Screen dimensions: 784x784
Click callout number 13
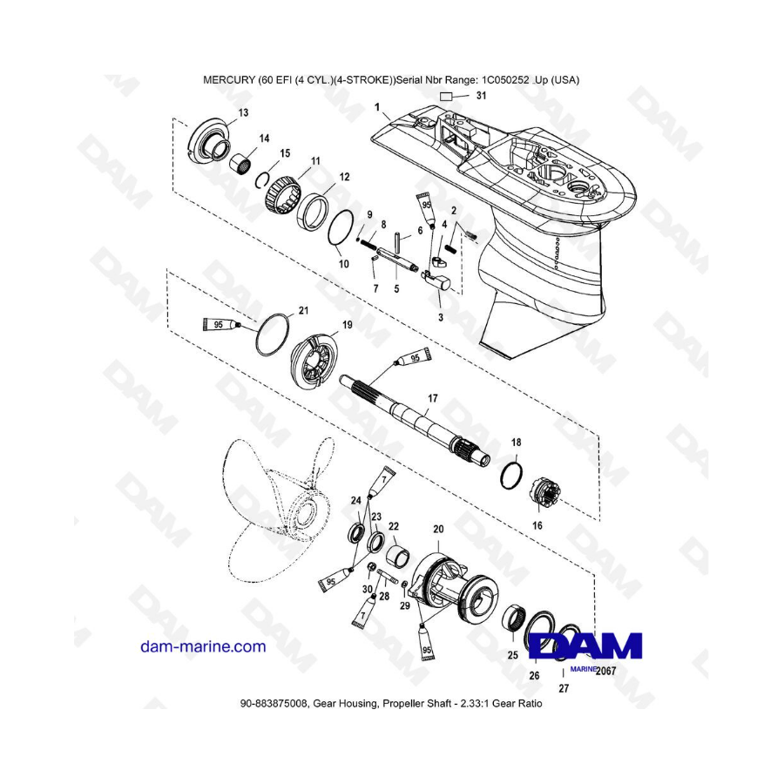(x=244, y=112)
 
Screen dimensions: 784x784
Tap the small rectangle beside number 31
(x=447, y=97)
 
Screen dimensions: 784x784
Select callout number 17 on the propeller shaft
(x=432, y=398)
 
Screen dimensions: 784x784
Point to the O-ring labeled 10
(x=341, y=228)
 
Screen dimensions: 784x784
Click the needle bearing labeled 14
(x=240, y=164)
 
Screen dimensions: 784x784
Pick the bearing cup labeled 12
(x=313, y=212)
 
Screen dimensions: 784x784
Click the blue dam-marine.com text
(x=203, y=646)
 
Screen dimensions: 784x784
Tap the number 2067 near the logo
(x=606, y=671)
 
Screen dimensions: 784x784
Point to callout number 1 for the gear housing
(x=377, y=107)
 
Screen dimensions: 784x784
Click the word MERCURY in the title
(x=229, y=80)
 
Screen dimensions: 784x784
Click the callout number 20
(x=438, y=529)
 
